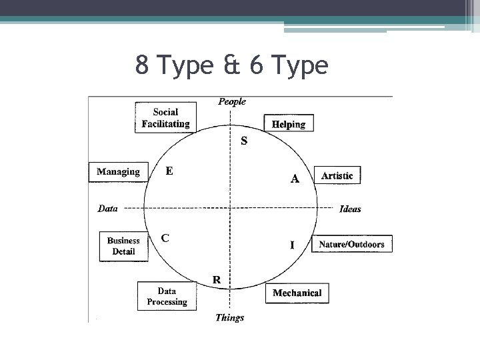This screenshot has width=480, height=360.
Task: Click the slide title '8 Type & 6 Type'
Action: tap(231, 65)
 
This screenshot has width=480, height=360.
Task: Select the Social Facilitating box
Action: tap(165, 118)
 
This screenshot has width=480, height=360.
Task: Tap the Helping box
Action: tap(289, 124)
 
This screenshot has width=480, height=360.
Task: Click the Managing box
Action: tap(118, 172)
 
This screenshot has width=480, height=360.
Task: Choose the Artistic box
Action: tap(337, 176)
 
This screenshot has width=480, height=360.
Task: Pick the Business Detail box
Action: tap(123, 246)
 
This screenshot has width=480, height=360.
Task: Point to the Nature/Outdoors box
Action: tap(351, 244)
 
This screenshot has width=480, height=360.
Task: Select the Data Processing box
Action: tap(167, 297)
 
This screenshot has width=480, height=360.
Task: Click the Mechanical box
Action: tap(297, 293)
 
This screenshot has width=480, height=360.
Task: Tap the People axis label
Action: tap(232, 102)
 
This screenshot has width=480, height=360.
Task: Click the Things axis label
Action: tap(229, 318)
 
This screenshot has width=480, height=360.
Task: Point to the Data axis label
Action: tap(107, 209)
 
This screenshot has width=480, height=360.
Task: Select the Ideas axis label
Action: tap(350, 209)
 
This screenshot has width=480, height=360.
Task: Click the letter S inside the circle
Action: tap(244, 141)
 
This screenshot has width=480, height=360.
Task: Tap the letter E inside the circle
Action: tap(169, 171)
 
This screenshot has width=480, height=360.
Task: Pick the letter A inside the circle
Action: tap(295, 179)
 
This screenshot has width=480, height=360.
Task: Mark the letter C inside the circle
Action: tap(165, 237)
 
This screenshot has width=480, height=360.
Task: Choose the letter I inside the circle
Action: tap(292, 245)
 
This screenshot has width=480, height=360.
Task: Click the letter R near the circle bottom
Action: tap(217, 279)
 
